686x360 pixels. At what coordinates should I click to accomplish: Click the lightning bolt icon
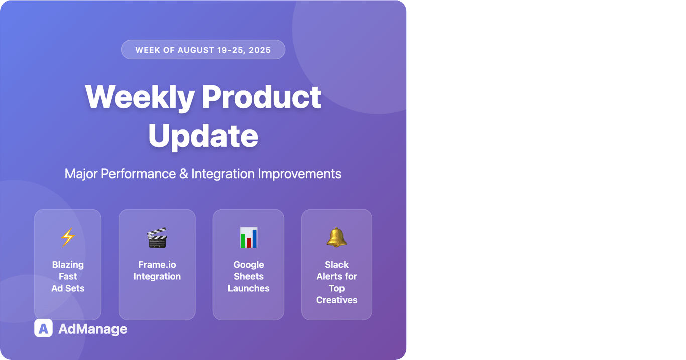(68, 237)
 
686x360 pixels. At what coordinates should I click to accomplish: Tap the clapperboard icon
(157, 237)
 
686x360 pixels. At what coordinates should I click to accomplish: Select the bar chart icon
(249, 237)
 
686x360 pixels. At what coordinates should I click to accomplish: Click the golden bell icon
(336, 237)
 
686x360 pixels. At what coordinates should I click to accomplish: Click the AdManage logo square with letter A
(43, 328)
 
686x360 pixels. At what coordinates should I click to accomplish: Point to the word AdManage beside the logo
(93, 329)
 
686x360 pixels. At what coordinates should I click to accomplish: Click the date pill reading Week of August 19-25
(203, 50)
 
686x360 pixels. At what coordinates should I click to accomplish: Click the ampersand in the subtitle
(184, 174)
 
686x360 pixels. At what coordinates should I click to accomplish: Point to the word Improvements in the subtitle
(299, 174)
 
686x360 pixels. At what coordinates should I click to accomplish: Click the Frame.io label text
(157, 270)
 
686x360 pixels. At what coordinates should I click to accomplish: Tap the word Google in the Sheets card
(249, 265)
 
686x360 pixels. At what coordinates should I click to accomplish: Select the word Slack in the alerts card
(336, 265)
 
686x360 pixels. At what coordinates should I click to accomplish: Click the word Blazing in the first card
(68, 265)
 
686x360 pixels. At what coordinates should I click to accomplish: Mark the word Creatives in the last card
(336, 300)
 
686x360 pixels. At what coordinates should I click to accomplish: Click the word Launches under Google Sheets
(249, 288)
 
